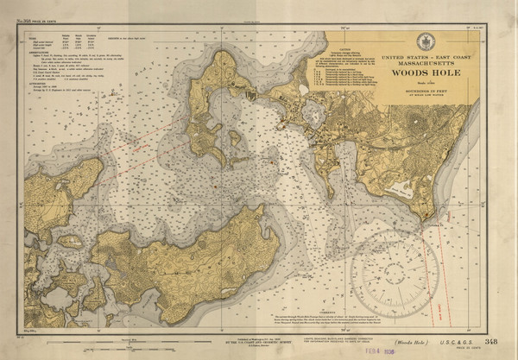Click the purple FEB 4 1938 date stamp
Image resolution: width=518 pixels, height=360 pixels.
[x=343, y=351]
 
